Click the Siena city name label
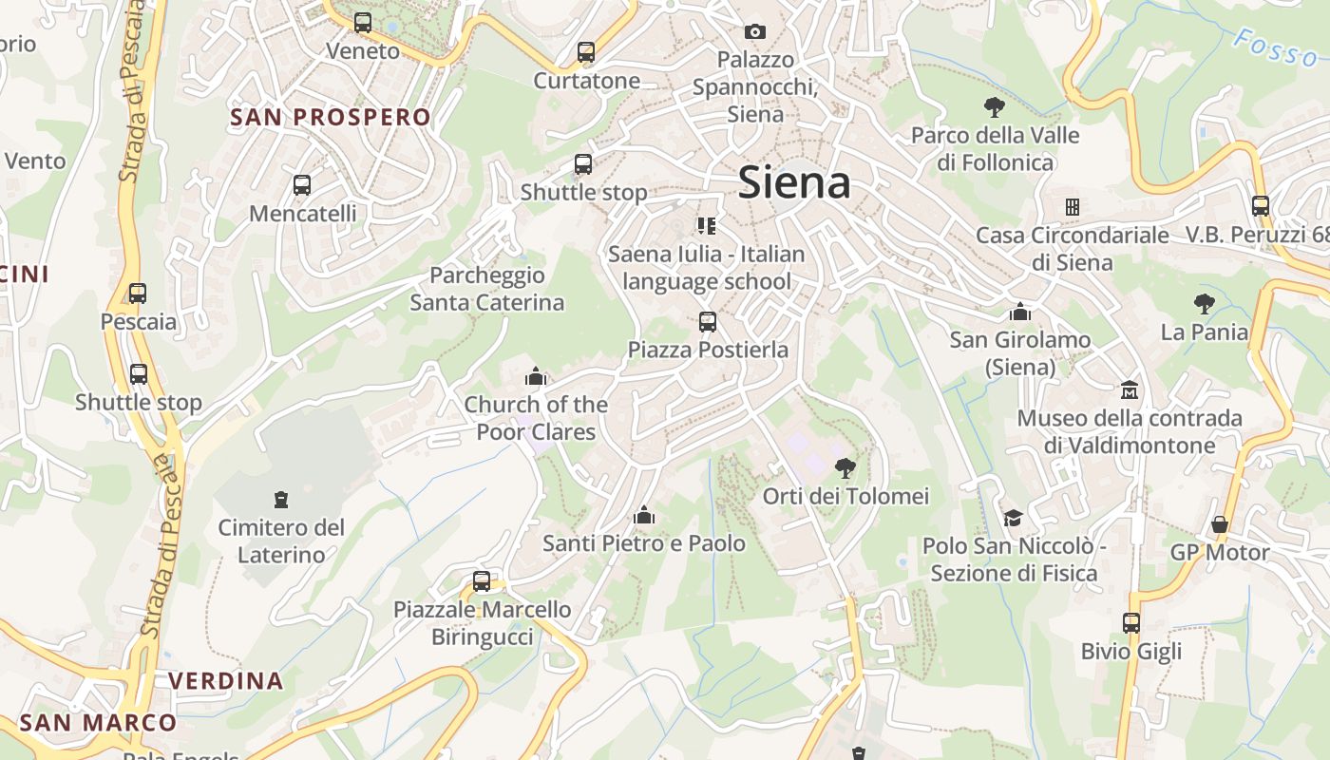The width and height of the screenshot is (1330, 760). tap(793, 182)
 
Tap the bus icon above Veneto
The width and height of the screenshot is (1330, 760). tap(362, 23)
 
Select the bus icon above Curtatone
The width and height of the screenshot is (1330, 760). tap(586, 52)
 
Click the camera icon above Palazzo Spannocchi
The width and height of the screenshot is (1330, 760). tap(755, 31)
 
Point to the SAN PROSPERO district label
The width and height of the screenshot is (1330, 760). tap(331, 117)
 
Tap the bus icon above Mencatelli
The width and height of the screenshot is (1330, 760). tap(302, 185)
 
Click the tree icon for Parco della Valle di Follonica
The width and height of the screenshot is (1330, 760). tap(995, 106)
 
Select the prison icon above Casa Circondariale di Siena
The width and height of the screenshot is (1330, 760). tap(1073, 206)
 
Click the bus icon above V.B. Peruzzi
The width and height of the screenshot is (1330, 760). tap(1261, 205)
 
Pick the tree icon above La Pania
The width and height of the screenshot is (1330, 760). tap(1205, 304)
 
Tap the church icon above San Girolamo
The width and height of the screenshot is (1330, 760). tap(1020, 312)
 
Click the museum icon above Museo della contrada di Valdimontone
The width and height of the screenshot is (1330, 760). tap(1130, 389)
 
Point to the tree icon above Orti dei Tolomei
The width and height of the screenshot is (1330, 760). tap(845, 467)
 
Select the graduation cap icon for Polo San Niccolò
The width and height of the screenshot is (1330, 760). tap(1013, 518)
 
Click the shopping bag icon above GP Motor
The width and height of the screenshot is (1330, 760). tap(1220, 524)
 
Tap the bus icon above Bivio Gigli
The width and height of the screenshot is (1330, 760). tap(1130, 623)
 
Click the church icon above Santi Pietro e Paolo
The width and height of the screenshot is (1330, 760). tap(644, 515)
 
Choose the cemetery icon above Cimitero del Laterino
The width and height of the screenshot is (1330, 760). tap(280, 499)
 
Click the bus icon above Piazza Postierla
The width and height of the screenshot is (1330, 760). tap(707, 321)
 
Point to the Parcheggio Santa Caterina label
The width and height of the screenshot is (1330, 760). tap(487, 289)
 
